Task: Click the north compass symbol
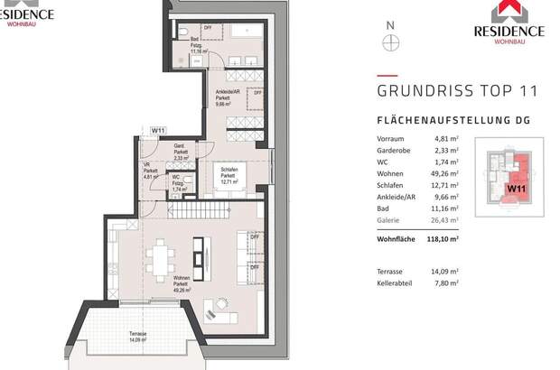[390, 42]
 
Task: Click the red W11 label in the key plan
[517, 189]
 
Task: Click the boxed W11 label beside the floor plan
[158, 132]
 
